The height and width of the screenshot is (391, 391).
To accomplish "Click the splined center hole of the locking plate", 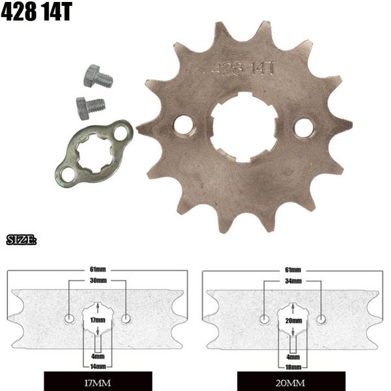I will pyautogui.click(x=94, y=154).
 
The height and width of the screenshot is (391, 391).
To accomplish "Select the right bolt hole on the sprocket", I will pyautogui.click(x=303, y=128).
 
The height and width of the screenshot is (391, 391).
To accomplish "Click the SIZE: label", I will pyautogui.click(x=21, y=241).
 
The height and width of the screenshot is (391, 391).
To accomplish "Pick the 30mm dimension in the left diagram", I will pyautogui.click(x=98, y=280).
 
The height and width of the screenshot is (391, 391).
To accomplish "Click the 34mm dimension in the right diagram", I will pyautogui.click(x=293, y=280).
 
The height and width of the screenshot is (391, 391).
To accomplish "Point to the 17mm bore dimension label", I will pyautogui.click(x=97, y=321).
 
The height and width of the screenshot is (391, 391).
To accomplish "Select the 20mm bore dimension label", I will pyautogui.click(x=293, y=321).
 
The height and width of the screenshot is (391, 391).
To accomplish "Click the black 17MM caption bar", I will pyautogui.click(x=98, y=381).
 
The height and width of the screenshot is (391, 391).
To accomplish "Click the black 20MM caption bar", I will pyautogui.click(x=293, y=381).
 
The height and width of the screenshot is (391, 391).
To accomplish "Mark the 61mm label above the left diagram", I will pyautogui.click(x=98, y=269).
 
